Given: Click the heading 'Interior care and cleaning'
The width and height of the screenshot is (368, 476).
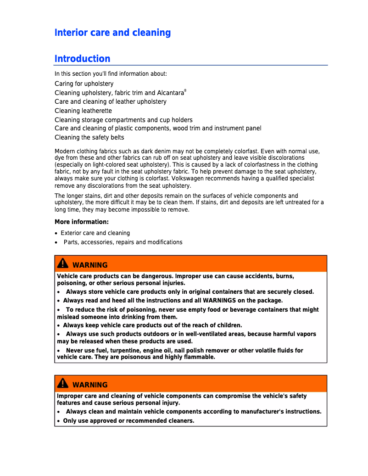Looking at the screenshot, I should [x=112, y=33].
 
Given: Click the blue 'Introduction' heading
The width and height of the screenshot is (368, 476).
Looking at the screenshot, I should [x=82, y=59].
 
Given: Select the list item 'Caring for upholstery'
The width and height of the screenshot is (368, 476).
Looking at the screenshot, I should [x=84, y=84].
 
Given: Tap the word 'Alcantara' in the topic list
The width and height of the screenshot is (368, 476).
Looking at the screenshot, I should [x=170, y=93].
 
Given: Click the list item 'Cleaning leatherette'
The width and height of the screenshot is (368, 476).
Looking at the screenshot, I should [x=83, y=111].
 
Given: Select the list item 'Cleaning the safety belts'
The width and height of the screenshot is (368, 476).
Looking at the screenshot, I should [x=89, y=137].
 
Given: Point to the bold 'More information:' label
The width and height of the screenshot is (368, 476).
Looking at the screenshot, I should [x=82, y=222].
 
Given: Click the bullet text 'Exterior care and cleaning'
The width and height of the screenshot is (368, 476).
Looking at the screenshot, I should [x=95, y=233].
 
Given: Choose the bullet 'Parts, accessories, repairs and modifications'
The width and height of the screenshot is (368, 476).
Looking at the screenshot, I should [x=123, y=242].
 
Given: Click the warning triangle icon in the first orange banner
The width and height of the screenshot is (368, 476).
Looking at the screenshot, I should [x=63, y=263].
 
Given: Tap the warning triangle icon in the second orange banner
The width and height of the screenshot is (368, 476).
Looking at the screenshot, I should [x=63, y=383].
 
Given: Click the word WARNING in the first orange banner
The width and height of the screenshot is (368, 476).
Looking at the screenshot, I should [x=90, y=265].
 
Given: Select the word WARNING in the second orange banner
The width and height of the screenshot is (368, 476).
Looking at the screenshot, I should [x=90, y=385].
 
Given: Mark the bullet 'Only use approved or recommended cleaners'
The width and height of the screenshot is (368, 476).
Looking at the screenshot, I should [x=128, y=421].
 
